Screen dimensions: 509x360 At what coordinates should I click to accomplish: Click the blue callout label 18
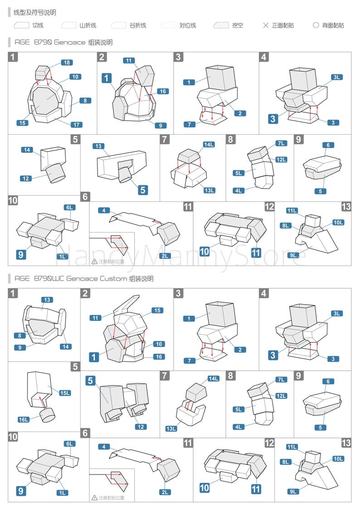click(x=66, y=63)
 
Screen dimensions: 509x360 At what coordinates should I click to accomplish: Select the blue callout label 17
click(x=76, y=125)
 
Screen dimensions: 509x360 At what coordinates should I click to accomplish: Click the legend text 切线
click(x=38, y=25)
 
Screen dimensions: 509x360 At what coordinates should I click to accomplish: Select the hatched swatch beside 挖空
click(x=221, y=25)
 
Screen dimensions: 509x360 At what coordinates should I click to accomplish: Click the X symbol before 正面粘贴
click(x=266, y=25)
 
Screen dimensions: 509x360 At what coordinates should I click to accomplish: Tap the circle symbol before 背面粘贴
click(x=316, y=25)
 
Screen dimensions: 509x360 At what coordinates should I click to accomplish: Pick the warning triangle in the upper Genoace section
click(x=94, y=261)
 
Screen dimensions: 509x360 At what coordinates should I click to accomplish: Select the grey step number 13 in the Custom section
click(x=346, y=443)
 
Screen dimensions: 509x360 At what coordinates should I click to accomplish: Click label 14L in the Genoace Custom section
click(x=213, y=378)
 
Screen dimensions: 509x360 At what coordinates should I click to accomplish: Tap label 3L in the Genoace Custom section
click(x=336, y=313)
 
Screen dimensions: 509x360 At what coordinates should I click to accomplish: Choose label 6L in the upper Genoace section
click(x=70, y=207)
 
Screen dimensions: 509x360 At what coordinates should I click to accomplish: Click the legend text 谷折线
click(x=138, y=25)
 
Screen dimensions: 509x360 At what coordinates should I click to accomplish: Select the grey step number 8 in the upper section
click(x=231, y=139)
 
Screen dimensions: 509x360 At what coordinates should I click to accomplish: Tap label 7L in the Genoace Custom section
click(x=281, y=379)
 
